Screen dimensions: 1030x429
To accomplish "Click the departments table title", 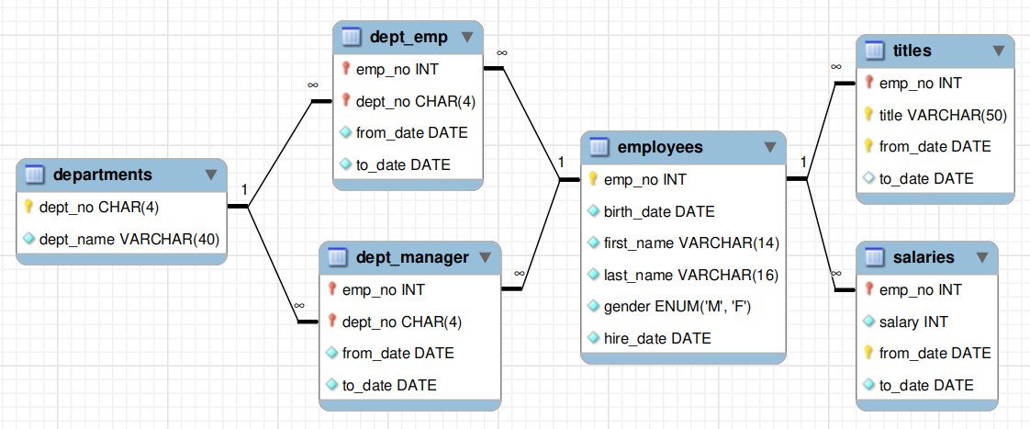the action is point(103,175).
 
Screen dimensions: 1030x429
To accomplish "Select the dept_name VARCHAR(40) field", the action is point(129,239).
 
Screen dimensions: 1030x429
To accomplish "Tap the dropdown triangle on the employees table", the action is point(770,147).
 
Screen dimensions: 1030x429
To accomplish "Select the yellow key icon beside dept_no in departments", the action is point(28,207).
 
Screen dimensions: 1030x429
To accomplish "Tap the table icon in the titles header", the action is point(874,50).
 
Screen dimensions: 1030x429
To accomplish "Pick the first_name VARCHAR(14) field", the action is point(691,243).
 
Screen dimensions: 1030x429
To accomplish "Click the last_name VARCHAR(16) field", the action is point(691,276).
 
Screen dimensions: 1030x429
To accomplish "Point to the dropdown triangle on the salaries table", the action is point(982,257).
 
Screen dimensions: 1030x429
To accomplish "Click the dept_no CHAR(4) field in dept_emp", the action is point(415,101).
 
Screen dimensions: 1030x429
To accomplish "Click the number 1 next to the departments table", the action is point(243,190).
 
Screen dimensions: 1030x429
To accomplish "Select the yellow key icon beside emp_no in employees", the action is point(592,179).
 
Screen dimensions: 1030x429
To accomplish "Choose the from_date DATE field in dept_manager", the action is point(398,354).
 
